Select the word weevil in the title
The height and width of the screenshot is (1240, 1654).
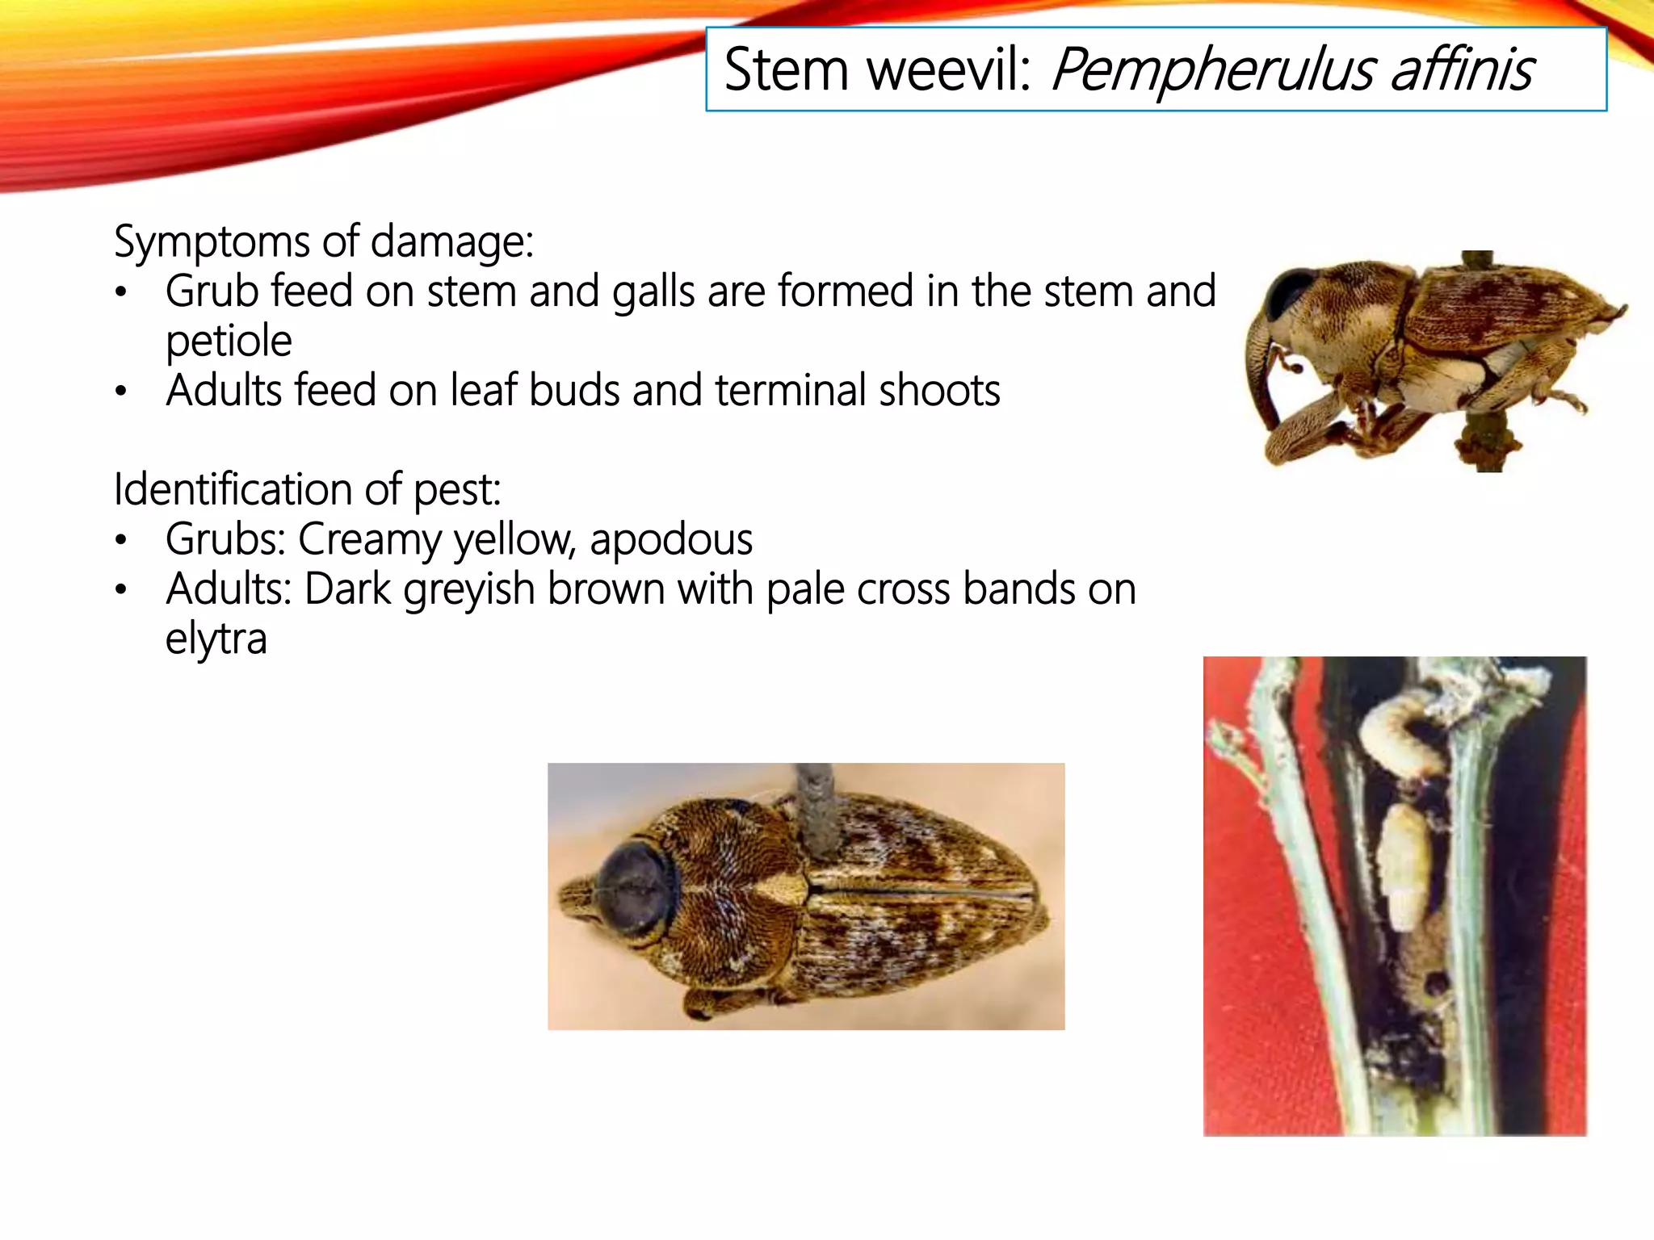(950, 69)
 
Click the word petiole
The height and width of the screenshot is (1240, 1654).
(229, 341)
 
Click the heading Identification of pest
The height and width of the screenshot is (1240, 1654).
(307, 489)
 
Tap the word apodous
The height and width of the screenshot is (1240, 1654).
(671, 539)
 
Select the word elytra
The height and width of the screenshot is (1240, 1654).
(216, 639)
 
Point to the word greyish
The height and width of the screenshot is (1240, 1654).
(469, 589)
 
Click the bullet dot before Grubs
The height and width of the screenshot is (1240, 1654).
(121, 540)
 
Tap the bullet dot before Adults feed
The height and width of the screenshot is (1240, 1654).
(121, 392)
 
